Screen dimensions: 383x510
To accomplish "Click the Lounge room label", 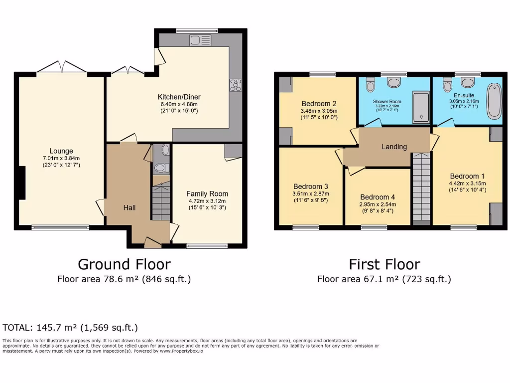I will (61, 151).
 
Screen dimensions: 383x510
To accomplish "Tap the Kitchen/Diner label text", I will (179, 97).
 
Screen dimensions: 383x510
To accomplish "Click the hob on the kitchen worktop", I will (235, 85).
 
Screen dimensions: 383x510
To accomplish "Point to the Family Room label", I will (207, 193).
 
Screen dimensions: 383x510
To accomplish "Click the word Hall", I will (129, 207).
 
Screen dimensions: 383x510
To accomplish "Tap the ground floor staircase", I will (161, 202).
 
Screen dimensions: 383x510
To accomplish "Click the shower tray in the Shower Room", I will (421, 107).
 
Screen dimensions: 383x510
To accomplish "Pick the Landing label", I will (394, 147).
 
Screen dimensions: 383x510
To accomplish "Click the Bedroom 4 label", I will (378, 196).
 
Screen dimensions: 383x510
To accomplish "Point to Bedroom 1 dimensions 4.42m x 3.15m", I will (467, 184).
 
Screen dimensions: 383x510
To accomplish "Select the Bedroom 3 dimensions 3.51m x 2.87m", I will (311, 193).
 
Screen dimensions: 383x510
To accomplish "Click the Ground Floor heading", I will (124, 264).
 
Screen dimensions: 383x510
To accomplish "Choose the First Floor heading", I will (384, 264).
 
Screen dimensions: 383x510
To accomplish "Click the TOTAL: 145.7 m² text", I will (70, 328).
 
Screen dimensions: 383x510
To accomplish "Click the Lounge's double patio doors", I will (62, 67).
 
